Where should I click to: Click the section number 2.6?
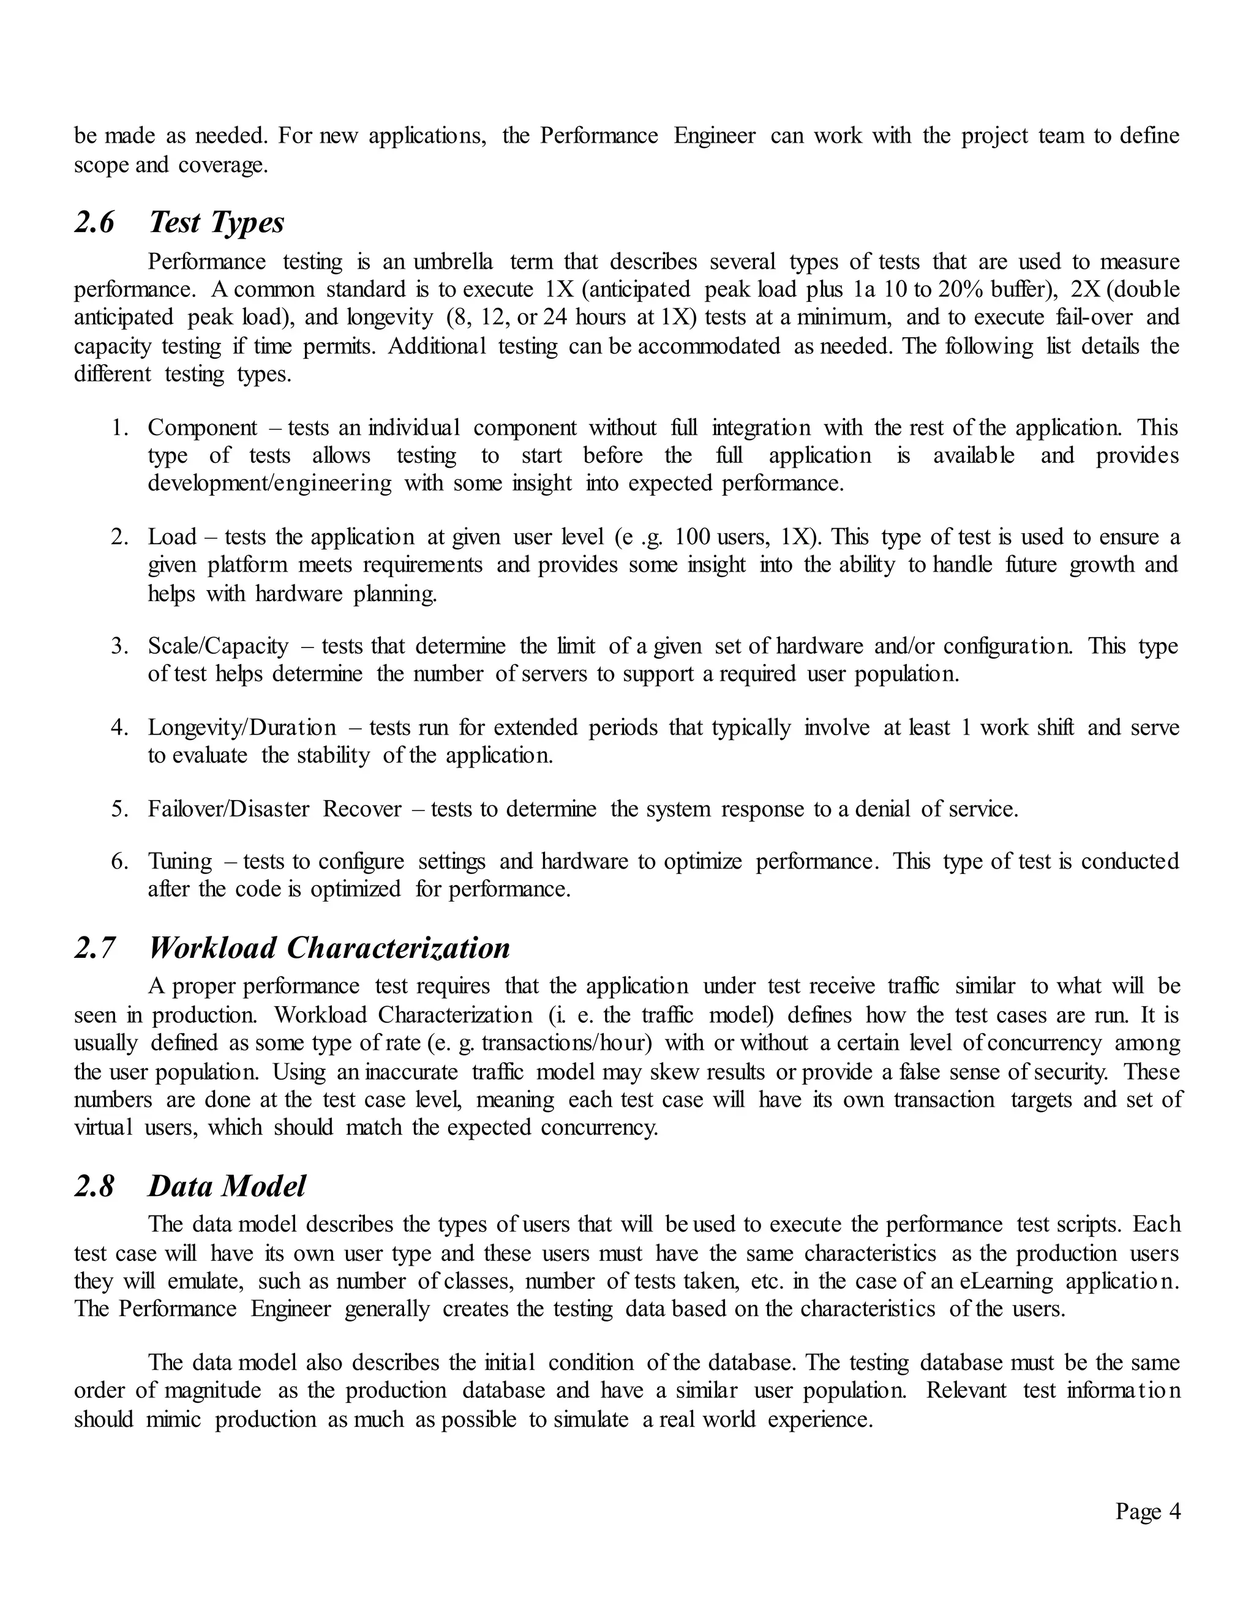tap(94, 223)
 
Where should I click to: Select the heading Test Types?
tap(216, 223)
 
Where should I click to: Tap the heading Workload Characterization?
tap(329, 948)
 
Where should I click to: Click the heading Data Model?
tap(227, 1186)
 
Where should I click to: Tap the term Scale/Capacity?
tap(217, 646)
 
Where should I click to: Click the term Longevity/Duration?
tap(241, 728)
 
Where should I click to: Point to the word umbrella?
tap(452, 262)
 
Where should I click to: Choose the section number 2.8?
tap(94, 1186)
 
